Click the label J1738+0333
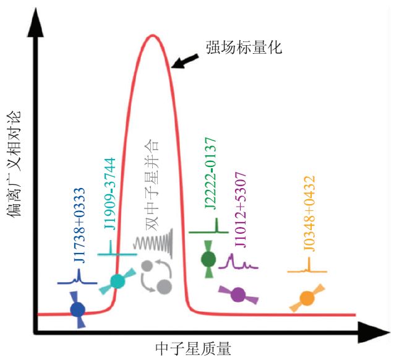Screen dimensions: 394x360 click(x=80, y=225)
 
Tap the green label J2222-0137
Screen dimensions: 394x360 click(x=211, y=179)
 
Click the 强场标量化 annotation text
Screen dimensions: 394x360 click(x=244, y=47)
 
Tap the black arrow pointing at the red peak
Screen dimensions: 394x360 click(x=186, y=60)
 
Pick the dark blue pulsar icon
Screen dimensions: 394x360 click(x=78, y=309)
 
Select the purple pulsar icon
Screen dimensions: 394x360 click(x=238, y=294)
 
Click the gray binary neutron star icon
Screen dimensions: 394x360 click(x=155, y=276)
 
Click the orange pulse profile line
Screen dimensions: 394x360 click(x=307, y=270)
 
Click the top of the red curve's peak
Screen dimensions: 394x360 click(x=152, y=35)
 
